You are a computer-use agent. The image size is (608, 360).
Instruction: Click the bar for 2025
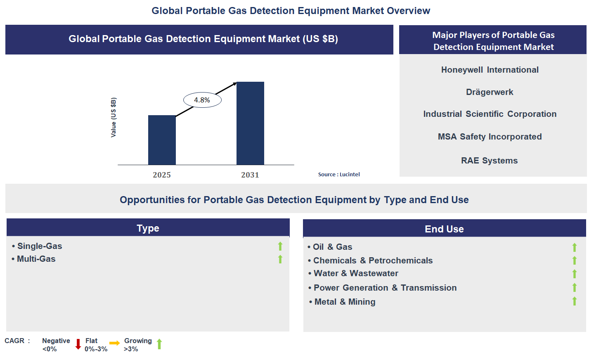pyautogui.click(x=162, y=140)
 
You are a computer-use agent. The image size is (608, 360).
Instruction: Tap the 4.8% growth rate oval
pyautogui.click(x=202, y=100)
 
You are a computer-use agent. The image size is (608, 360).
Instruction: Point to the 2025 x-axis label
pyautogui.click(x=162, y=175)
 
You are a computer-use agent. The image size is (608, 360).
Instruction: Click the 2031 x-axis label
pyautogui.click(x=250, y=175)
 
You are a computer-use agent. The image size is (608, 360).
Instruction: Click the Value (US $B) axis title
pyautogui.click(x=114, y=117)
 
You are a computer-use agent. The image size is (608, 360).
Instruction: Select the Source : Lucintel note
pyautogui.click(x=339, y=175)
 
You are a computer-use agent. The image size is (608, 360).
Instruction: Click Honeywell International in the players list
pyautogui.click(x=490, y=70)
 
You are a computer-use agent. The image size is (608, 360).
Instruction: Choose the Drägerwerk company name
pyautogui.click(x=490, y=92)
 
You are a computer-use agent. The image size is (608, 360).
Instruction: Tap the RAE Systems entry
pyautogui.click(x=489, y=161)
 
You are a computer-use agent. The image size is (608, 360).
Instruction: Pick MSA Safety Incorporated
pyautogui.click(x=490, y=137)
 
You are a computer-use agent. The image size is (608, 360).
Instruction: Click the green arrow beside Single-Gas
pyautogui.click(x=280, y=246)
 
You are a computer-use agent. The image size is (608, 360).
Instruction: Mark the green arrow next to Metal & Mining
pyautogui.click(x=574, y=301)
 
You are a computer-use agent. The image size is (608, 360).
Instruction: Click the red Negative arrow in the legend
pyautogui.click(x=78, y=344)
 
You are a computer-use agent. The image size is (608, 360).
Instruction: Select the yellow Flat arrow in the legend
pyautogui.click(x=114, y=343)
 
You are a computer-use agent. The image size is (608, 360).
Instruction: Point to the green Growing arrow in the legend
pyautogui.click(x=159, y=344)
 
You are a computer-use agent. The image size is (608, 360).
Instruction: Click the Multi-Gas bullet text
pyautogui.click(x=36, y=259)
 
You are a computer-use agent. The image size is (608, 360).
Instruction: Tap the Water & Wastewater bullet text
pyautogui.click(x=355, y=273)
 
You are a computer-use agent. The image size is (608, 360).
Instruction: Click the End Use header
pyautogui.click(x=444, y=229)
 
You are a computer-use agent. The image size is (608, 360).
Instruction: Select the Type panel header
pyautogui.click(x=148, y=228)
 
